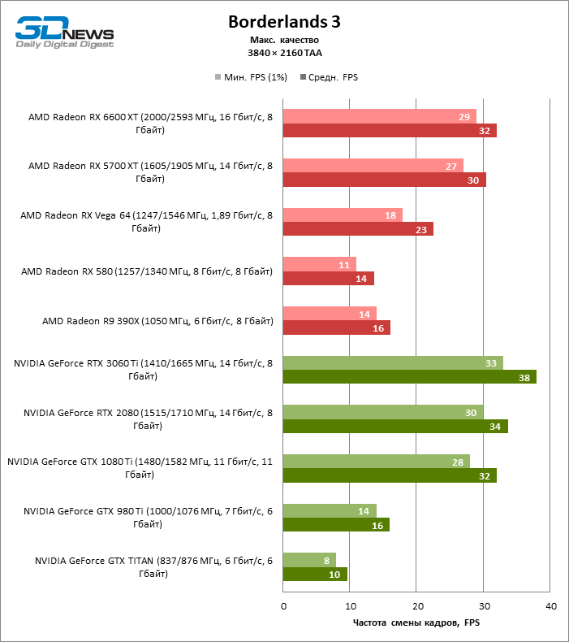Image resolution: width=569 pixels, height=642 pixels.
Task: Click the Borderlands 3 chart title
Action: (x=284, y=22)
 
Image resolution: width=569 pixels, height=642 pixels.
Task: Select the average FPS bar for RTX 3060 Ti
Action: (x=409, y=376)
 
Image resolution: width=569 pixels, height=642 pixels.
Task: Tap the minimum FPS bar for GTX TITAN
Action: (x=309, y=560)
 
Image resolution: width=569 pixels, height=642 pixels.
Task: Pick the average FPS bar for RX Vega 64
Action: (x=358, y=229)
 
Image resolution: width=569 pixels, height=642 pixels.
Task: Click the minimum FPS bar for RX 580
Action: (x=320, y=264)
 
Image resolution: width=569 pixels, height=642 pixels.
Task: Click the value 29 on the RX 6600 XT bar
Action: (x=465, y=117)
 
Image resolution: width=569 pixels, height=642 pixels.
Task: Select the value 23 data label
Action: (x=422, y=230)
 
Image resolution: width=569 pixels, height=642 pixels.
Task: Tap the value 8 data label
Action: (x=325, y=560)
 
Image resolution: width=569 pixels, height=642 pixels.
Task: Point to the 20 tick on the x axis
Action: (x=416, y=606)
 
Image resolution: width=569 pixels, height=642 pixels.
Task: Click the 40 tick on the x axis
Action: (x=550, y=606)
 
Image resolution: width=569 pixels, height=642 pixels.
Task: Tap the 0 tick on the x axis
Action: (x=283, y=606)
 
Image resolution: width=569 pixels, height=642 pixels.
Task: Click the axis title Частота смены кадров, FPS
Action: (x=417, y=622)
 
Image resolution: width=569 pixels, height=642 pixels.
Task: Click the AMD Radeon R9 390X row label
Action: (x=157, y=321)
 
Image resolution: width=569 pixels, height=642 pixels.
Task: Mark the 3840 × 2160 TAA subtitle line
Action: (x=284, y=52)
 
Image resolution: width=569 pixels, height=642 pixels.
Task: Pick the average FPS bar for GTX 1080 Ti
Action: (x=390, y=475)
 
